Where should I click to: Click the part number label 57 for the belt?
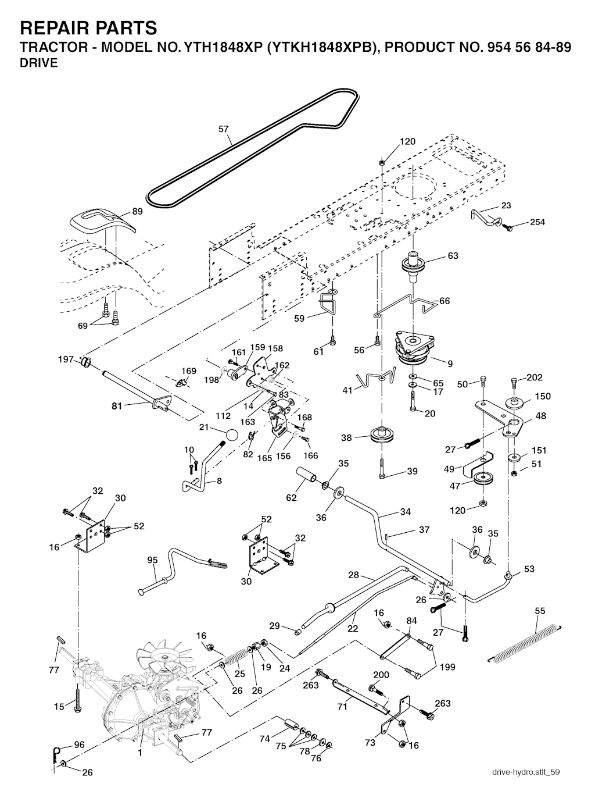pyautogui.click(x=224, y=130)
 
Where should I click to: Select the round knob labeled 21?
pyautogui.click(x=231, y=435)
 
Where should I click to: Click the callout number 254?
pyautogui.click(x=537, y=222)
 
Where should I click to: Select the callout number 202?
pyautogui.click(x=535, y=377)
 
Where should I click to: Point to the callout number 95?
pyautogui.click(x=152, y=560)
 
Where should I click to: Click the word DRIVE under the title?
pyautogui.click(x=39, y=63)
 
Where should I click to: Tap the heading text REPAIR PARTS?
pyautogui.click(x=88, y=27)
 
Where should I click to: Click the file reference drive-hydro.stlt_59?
pyautogui.click(x=525, y=772)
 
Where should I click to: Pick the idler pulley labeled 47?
pyautogui.click(x=482, y=480)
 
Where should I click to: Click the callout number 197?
pyautogui.click(x=66, y=359)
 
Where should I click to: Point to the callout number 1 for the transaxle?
pyautogui.click(x=139, y=752)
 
